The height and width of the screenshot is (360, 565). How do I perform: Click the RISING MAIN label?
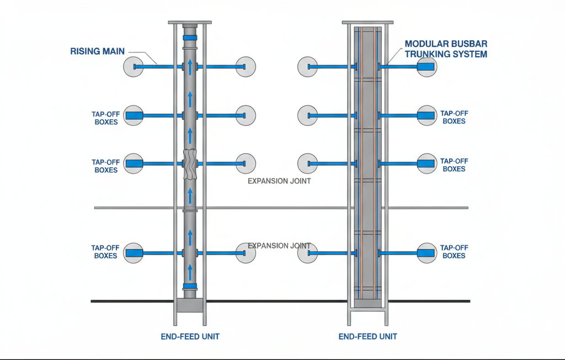coord(97,51)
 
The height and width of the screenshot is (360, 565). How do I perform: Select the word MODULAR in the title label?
coord(424,44)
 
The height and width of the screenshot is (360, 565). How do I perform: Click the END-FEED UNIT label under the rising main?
coord(190,337)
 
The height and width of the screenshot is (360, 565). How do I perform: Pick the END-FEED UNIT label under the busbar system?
coord(367,337)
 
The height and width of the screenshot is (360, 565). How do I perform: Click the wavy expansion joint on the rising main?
coord(190,164)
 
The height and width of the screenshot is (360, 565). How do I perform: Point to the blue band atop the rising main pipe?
coord(190,38)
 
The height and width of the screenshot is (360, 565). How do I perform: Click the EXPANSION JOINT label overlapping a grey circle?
coord(279,246)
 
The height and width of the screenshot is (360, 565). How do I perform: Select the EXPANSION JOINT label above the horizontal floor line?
coord(279,181)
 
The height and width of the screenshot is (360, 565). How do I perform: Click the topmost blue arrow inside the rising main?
coord(190,67)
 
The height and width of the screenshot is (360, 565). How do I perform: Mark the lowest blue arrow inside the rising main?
coord(190,272)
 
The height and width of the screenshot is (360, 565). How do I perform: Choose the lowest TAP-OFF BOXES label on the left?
coord(105,252)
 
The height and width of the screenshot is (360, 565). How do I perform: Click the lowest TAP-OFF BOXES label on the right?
coord(454,252)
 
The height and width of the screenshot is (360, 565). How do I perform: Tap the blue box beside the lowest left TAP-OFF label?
coord(134,253)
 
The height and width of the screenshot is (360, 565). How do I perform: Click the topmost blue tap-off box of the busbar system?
coord(425,67)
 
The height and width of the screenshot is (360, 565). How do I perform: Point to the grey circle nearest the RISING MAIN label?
coord(134,67)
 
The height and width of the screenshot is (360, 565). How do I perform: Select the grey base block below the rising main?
coord(190,305)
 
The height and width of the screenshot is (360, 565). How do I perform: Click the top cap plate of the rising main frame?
coord(190,23)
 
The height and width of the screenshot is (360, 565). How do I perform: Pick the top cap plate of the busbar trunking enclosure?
coord(367,23)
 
